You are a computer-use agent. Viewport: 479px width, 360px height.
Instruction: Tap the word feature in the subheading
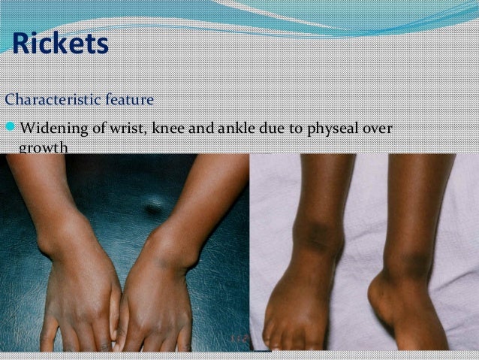point(129,99)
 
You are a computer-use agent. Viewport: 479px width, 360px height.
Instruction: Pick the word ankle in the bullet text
point(236,128)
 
